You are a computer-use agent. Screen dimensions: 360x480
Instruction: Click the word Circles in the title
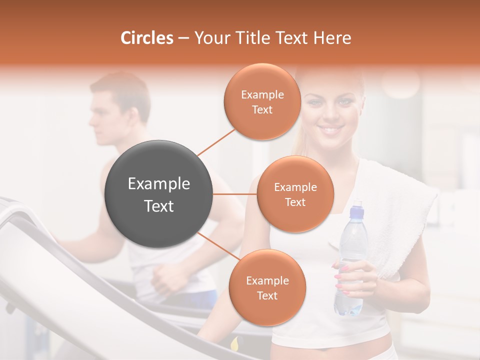tap(146, 38)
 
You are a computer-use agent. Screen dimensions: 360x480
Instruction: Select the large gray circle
tap(159, 194)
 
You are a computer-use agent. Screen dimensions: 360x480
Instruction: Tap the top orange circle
tap(262, 102)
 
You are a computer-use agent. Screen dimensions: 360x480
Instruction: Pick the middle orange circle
tap(295, 194)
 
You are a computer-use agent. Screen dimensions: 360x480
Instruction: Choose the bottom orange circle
tap(267, 288)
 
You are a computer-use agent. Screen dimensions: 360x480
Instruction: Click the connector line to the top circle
tap(216, 141)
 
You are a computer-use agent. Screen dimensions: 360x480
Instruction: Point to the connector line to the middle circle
tap(235, 194)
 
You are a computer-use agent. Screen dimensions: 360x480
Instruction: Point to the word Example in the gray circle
tap(159, 184)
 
